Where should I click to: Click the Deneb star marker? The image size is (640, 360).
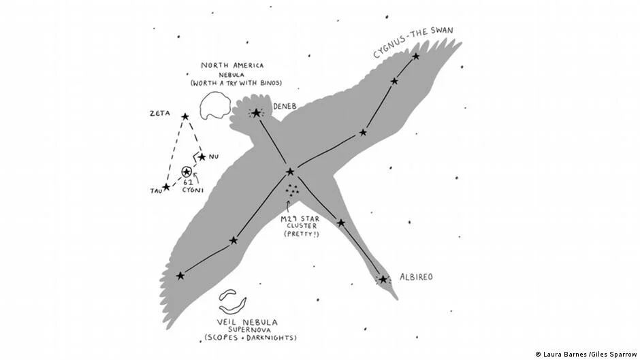pyautogui.click(x=257, y=113)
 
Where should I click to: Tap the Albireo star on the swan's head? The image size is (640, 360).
pyautogui.click(x=383, y=279)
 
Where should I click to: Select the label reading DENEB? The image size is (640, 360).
pyautogui.click(x=283, y=107)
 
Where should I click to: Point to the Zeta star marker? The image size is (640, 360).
pyautogui.click(x=185, y=116)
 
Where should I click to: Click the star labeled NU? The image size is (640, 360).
pyautogui.click(x=202, y=157)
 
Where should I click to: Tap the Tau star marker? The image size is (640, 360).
pyautogui.click(x=166, y=186)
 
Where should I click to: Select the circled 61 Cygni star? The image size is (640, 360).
pyautogui.click(x=186, y=172)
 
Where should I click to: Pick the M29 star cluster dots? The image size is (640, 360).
pyautogui.click(x=293, y=192)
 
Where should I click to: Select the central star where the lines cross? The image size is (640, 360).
pyautogui.click(x=290, y=171)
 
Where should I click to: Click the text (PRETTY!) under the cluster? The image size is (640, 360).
pyautogui.click(x=300, y=234)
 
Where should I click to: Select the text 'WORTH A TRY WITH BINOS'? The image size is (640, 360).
pyautogui.click(x=236, y=83)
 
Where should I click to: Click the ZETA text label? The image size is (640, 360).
pyautogui.click(x=160, y=114)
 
